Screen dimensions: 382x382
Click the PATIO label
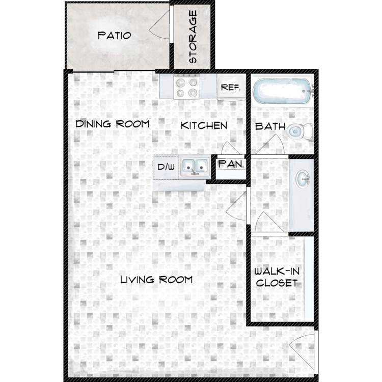(114, 36)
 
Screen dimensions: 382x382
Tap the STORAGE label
(193, 37)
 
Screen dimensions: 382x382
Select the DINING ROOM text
(113, 124)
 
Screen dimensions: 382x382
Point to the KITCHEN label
(204, 126)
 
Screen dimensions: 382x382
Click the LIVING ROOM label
(156, 280)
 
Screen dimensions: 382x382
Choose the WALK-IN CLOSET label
(277, 277)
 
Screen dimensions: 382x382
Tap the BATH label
(270, 126)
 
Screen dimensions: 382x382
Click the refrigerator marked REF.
(231, 87)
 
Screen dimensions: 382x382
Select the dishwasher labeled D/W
(167, 168)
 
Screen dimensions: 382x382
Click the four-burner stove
(186, 87)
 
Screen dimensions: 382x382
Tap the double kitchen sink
(195, 167)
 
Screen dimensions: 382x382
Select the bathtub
(283, 91)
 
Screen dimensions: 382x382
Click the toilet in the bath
(299, 131)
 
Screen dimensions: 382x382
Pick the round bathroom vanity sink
(303, 179)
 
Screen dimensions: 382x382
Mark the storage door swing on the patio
(159, 24)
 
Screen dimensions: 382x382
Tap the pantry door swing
(230, 148)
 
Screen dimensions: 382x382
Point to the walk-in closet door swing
(269, 222)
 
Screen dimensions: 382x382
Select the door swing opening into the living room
(236, 206)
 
